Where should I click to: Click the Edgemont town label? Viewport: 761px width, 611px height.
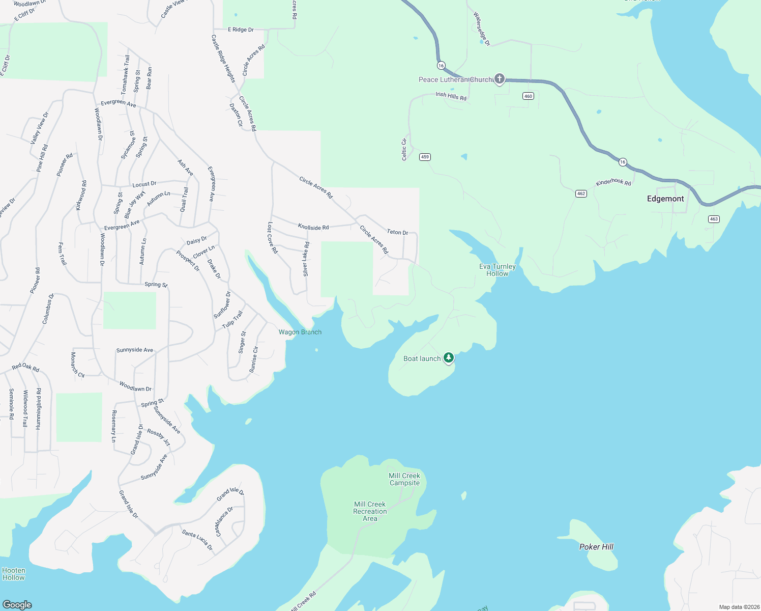665,199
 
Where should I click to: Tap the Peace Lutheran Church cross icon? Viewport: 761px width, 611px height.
500,78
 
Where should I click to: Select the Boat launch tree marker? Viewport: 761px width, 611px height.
448,357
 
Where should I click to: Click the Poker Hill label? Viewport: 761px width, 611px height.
596,547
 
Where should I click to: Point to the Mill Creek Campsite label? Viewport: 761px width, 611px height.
404,479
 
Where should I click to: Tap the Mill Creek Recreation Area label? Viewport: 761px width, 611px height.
370,511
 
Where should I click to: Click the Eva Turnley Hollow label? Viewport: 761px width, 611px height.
497,270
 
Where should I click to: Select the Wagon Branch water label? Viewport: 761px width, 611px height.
300,332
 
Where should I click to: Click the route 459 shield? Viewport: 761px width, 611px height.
425,157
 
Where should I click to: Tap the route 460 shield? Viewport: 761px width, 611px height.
528,96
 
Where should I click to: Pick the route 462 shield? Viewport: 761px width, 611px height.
581,193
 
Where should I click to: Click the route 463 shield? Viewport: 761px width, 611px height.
714,219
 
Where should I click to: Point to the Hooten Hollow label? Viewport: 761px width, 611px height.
14,574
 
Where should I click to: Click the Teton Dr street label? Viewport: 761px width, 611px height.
397,232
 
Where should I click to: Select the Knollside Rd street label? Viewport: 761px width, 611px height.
313,227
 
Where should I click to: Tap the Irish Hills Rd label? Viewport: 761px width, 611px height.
451,96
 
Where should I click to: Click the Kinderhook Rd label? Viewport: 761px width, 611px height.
613,182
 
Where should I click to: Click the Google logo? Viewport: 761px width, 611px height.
17,604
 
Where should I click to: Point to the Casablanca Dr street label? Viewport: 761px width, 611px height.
224,521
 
